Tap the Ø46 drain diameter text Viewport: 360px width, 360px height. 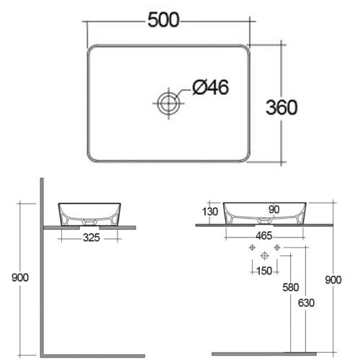coord(211,89)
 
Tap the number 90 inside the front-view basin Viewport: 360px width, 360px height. coord(273,210)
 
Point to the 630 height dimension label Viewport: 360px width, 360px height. coord(306,302)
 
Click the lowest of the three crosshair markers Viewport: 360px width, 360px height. coord(264,256)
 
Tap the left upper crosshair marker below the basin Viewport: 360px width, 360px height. coord(252,248)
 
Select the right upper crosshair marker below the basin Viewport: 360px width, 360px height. coord(276,248)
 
